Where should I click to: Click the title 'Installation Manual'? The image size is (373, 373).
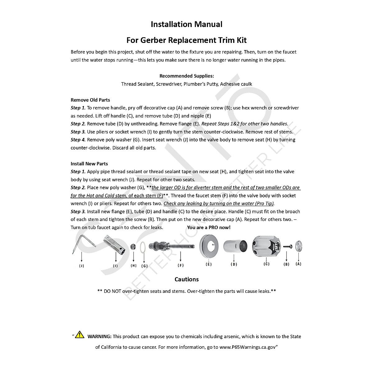point(186,24)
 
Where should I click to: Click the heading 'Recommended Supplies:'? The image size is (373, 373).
point(186,76)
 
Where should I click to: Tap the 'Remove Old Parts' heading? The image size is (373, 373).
point(90,100)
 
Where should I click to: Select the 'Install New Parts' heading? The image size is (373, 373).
point(89,163)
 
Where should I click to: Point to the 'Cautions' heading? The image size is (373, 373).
point(186,279)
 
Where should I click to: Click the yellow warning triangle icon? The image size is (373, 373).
point(80,335)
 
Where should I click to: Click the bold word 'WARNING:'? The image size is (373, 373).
point(99,336)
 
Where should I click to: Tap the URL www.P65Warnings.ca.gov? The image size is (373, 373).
point(247,347)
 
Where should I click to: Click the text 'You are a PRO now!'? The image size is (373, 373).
point(209,227)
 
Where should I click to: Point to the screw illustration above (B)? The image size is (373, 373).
point(287,246)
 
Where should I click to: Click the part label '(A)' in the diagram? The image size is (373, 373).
point(298,264)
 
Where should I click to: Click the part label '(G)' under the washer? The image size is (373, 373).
point(144,266)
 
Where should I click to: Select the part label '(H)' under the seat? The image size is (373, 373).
point(133,265)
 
